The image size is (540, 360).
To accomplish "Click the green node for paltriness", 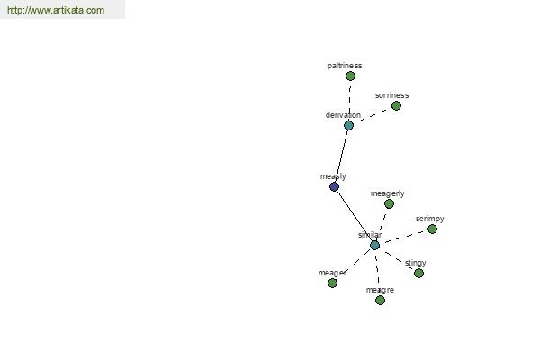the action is pos(350,76).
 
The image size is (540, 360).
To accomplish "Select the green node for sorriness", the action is pos(396,106).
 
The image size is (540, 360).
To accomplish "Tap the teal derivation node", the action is pos(348,125).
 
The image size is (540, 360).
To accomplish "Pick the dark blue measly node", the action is pos(334,186).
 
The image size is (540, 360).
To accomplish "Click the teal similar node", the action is pos(374,246).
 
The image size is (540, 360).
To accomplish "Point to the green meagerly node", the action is pos(389,204).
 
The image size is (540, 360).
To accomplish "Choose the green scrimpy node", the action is pos(432,229).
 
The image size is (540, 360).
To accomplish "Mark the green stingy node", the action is pos(418,274).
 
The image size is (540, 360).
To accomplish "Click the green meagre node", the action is pos(380,300).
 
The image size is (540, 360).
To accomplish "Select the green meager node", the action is pos(332,283).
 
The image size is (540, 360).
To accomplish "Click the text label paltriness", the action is pos(345,66).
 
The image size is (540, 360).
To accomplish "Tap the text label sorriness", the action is pos(391,95).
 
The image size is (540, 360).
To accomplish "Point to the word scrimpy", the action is pos(430,219).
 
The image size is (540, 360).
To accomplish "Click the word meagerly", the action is pos(387,193).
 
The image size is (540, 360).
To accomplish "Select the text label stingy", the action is pos(416,263).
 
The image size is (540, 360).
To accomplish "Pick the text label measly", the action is pos(333,176).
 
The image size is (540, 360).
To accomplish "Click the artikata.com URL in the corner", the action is pos(56,10).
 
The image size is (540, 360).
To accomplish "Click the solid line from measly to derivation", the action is pos(341,156).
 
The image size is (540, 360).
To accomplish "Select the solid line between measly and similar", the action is pos(355,216).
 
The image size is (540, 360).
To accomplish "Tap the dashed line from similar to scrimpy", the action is pos(403,237).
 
